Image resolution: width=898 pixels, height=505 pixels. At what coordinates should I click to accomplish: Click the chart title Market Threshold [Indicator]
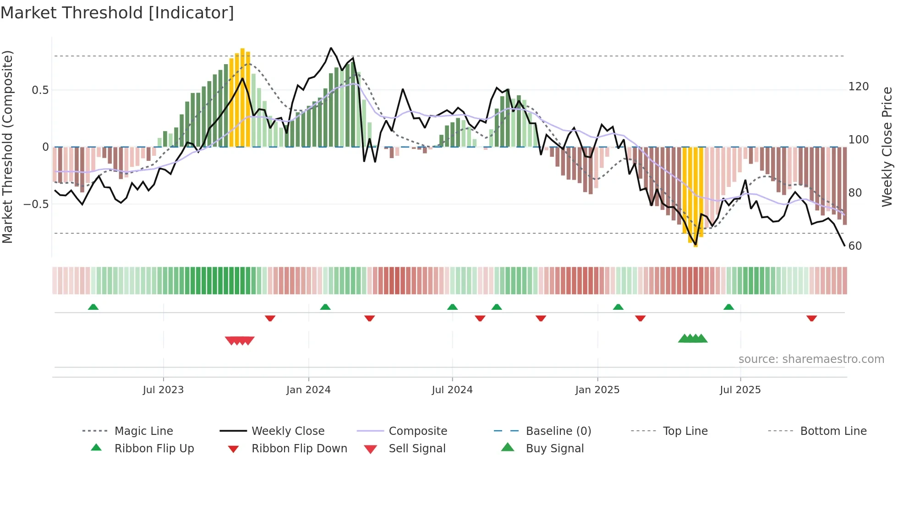117,13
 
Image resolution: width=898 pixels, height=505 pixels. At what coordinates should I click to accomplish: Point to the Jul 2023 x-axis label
163,390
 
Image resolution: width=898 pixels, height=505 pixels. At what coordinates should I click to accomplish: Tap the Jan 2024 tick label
308,390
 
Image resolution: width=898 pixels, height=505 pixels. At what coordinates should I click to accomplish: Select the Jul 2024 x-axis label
452,390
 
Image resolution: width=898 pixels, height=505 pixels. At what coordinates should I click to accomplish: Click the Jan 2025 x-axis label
597,390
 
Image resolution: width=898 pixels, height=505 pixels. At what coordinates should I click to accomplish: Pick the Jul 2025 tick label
740,390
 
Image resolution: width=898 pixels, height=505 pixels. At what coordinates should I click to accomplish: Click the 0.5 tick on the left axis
40,90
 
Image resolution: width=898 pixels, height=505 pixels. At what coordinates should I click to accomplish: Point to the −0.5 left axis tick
36,204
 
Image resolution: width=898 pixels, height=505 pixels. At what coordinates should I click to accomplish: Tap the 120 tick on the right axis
858,87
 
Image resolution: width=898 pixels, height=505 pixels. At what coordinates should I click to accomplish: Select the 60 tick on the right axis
855,246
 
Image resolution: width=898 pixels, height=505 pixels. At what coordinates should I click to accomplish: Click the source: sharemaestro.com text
811,359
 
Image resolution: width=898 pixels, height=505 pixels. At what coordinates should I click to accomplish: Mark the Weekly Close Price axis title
887,147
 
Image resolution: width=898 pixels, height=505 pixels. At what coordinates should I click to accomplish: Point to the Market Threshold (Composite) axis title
7,147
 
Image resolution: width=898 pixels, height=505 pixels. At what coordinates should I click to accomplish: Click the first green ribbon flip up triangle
93,307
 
